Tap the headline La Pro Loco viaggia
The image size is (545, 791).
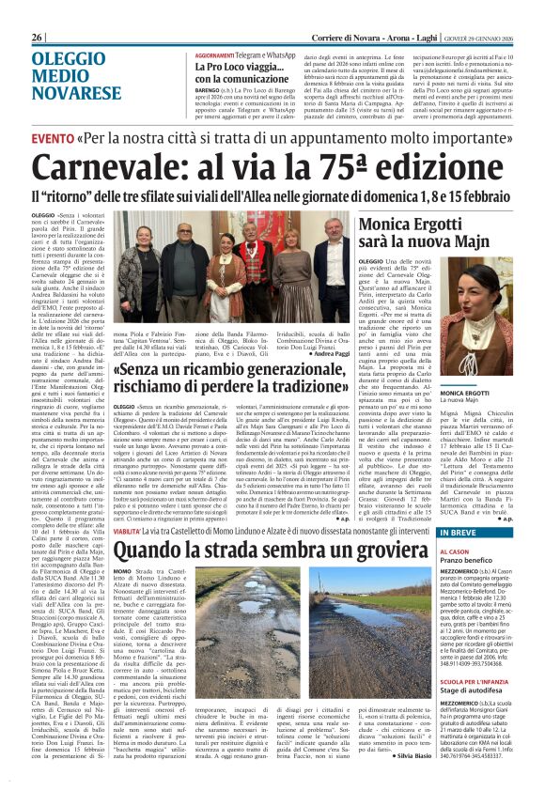tap(232, 69)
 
